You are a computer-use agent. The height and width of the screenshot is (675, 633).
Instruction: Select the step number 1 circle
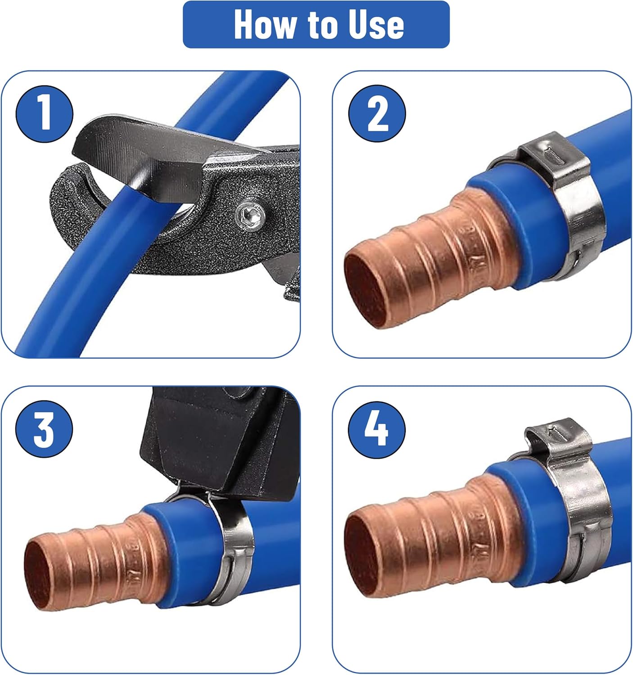point(44,113)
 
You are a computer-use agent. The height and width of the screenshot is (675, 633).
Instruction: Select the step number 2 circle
point(377,113)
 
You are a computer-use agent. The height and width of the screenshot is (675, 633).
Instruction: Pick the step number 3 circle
point(44,429)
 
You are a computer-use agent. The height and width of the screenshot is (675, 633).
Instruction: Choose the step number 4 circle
point(377,430)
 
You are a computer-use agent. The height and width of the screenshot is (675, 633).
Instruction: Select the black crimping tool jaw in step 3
point(218,442)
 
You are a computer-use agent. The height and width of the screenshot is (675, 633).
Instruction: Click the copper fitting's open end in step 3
point(42,574)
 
